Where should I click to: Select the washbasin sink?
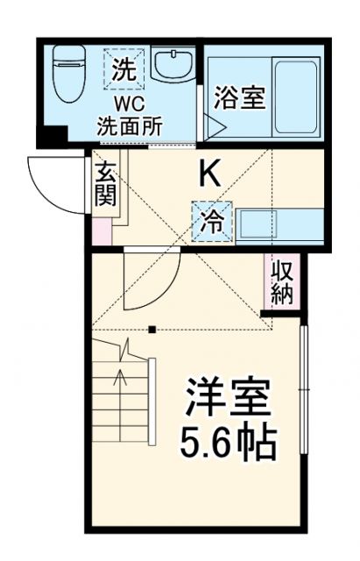pyautogui.click(x=173, y=65)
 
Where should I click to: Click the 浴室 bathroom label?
pyautogui.click(x=238, y=98)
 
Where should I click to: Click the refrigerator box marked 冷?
pyautogui.click(x=212, y=222)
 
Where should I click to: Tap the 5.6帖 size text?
pyautogui.click(x=229, y=444)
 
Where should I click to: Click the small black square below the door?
pyautogui.click(x=153, y=330)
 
